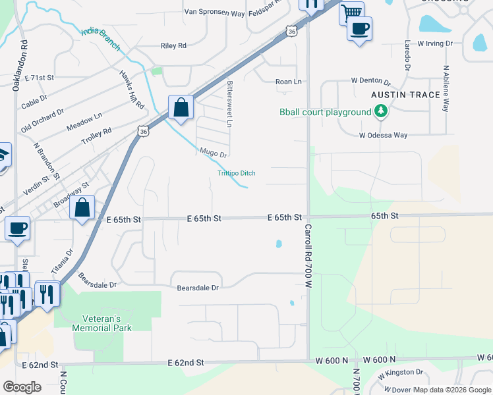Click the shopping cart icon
(352, 11)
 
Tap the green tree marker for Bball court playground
(380, 113)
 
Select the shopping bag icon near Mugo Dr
(180, 107)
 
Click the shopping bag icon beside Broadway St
(82, 207)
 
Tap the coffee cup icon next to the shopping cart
(359, 29)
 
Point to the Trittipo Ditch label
(236, 173)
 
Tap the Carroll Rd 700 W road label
(308, 255)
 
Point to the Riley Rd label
(173, 46)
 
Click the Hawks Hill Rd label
(132, 90)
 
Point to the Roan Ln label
(288, 82)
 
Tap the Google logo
(22, 387)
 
